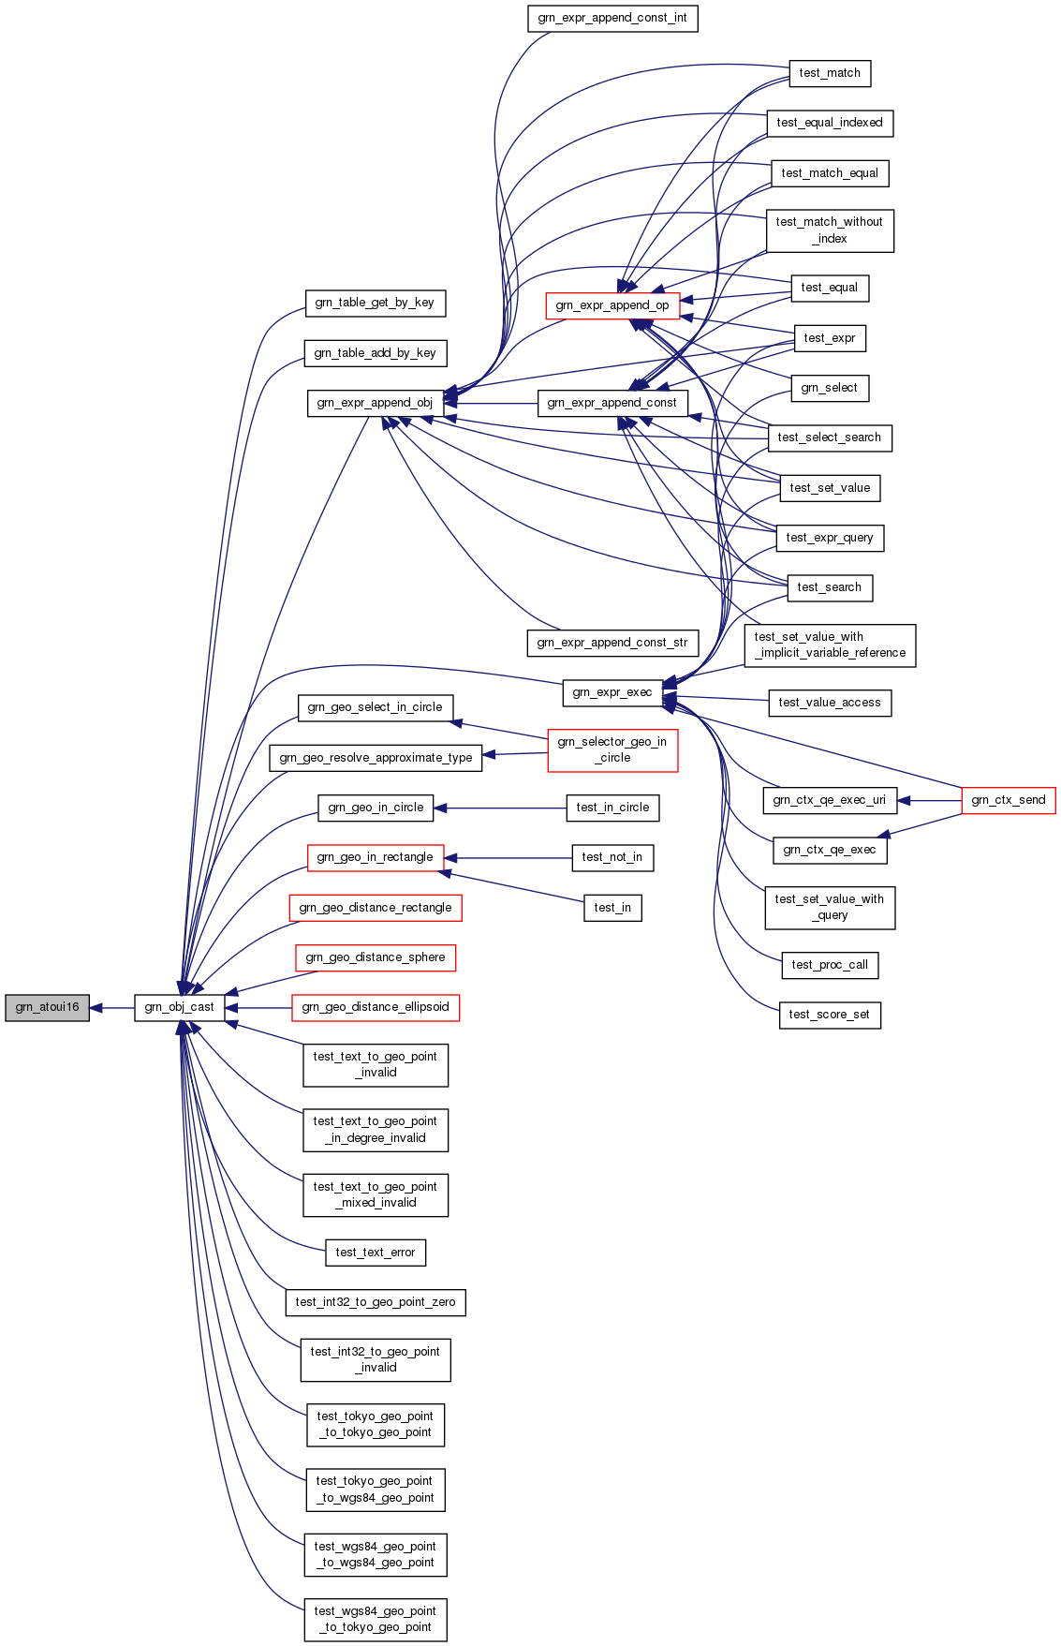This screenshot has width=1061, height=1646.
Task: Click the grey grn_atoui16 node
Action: [x=47, y=1008]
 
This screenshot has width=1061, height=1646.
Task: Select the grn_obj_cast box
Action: [x=179, y=1008]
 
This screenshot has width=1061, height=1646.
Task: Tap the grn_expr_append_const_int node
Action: [x=612, y=19]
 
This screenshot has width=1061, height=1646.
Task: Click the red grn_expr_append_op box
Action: [x=612, y=305]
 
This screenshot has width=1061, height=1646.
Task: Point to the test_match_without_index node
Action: [x=830, y=230]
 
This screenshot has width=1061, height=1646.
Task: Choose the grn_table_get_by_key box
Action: [x=375, y=303]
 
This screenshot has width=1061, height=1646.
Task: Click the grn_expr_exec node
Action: [x=612, y=693]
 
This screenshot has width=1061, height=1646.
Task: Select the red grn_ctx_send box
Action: [x=1009, y=800]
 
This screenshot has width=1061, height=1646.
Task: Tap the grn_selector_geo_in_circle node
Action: [x=612, y=750]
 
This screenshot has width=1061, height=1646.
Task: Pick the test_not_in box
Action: [x=612, y=857]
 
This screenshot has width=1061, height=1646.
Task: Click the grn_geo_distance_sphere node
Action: [x=376, y=957]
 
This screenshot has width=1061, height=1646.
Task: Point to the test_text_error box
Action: [x=376, y=1253]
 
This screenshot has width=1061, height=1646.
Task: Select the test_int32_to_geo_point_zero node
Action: [x=376, y=1302]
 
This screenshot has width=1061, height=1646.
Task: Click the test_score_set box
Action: [x=830, y=1015]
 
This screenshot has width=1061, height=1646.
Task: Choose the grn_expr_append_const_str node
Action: [x=612, y=643]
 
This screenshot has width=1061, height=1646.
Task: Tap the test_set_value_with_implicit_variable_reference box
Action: [x=830, y=645]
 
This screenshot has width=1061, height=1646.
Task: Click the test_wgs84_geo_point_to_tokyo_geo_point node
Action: [x=376, y=1620]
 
